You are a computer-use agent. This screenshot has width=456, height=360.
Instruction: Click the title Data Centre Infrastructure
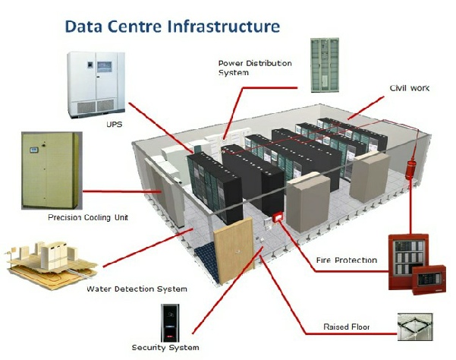pos(172,26)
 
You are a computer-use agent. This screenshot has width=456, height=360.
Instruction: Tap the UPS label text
pos(114,125)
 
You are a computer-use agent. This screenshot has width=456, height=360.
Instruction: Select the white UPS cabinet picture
pos(96,85)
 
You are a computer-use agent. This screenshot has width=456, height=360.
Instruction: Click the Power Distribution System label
pos(255,68)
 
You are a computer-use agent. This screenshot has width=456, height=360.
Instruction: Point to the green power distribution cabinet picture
pos(325,65)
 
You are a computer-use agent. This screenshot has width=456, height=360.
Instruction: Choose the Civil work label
pos(410,88)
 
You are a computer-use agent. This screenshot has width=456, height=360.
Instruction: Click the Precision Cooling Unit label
pos(88,217)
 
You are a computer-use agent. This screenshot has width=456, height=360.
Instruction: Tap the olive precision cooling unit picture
pos(52,171)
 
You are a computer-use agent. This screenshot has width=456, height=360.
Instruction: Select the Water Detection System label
pos(137,289)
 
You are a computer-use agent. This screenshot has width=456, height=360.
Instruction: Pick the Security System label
pos(165,347)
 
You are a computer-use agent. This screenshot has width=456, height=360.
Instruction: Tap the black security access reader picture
pos(170,323)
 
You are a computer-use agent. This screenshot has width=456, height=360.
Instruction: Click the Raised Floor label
pos(346,327)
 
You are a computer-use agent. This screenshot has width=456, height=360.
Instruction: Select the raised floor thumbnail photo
pos(415,327)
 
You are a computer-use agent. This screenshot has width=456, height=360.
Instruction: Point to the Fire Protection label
pos(346,260)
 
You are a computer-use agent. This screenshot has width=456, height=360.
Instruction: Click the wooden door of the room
pos(234,250)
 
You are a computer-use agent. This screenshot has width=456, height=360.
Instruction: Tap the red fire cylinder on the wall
pos(410,169)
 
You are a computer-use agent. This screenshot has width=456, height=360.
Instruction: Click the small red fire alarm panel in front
pos(429,279)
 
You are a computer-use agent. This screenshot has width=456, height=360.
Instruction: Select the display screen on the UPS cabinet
pos(104,67)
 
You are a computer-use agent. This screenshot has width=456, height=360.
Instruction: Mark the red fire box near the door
pos(278,217)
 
